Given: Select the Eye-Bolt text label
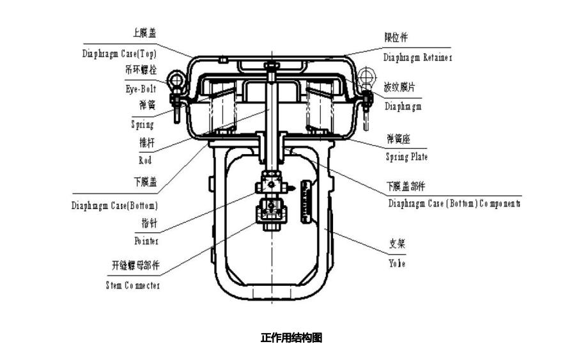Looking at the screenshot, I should tap(141, 90).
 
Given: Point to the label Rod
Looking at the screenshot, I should tap(145, 160).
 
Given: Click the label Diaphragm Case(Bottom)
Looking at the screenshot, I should tap(114, 206).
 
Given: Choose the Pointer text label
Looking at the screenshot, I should tap(146, 241).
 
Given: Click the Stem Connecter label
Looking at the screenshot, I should tap(133, 285).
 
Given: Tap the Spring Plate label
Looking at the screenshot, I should tap(406, 157).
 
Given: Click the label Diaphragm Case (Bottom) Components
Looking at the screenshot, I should tap(454, 204).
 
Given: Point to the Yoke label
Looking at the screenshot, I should tap(396, 263).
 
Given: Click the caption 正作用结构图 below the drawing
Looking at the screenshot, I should tap(291, 338).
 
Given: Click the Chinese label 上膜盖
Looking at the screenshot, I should tap(144, 33).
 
